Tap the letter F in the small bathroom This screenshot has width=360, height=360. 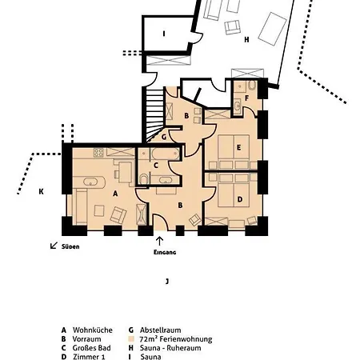pos(247,98)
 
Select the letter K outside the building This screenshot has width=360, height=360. pos(41,192)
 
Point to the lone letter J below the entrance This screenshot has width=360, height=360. pos(166,281)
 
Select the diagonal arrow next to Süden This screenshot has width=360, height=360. pos(54,246)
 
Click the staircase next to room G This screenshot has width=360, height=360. pos(157,108)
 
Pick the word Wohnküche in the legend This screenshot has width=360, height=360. pos(88,330)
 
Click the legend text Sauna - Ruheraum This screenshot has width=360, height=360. pos(166,349)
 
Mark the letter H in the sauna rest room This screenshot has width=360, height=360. pos(246,38)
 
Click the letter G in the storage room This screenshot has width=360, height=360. pos(163,136)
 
